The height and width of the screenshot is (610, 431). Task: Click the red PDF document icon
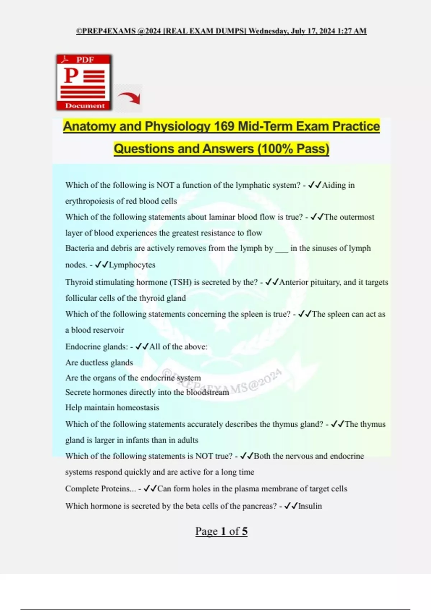(84, 82)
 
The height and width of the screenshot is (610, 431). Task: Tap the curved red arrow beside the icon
(129, 98)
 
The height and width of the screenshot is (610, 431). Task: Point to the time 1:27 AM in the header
(352, 31)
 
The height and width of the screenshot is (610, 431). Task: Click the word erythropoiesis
(89, 201)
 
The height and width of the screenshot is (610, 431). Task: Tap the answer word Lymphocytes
(132, 265)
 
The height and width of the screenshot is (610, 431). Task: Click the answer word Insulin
(310, 506)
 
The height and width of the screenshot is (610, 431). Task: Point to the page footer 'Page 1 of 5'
(221, 531)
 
